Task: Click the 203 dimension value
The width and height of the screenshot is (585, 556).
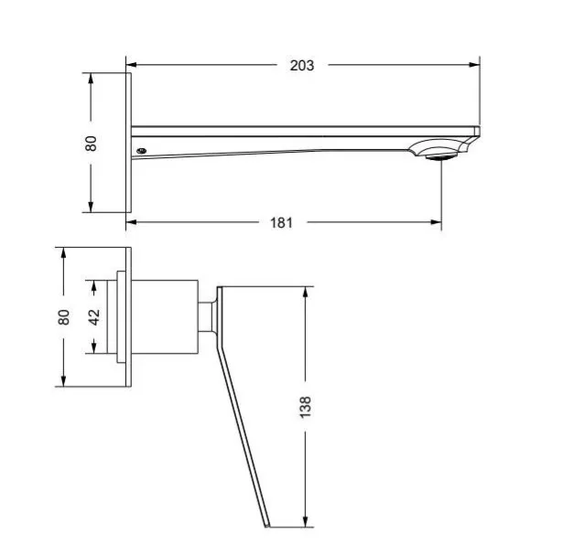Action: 302,66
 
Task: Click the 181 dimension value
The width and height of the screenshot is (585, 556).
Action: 281,223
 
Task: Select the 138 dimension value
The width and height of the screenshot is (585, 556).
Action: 305,407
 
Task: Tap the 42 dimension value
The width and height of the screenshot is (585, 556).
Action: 94,316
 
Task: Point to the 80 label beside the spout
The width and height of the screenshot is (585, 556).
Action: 91,144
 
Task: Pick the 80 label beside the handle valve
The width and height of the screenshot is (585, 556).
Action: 63,317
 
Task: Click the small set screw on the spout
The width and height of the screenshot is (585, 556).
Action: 141,151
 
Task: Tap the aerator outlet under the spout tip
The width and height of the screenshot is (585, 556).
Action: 441,157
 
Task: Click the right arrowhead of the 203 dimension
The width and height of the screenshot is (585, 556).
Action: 474,65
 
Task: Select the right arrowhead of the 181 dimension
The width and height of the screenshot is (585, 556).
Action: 436,222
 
